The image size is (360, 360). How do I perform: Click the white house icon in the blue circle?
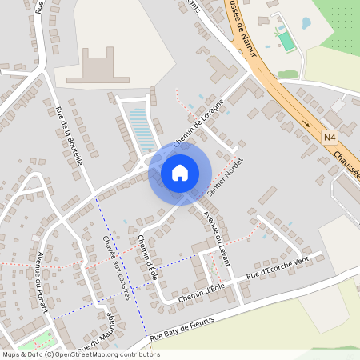pyautogui.click(x=180, y=172)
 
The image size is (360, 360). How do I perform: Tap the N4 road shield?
pyautogui.click(x=330, y=138)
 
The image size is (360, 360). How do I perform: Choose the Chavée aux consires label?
pyautogui.click(x=116, y=266)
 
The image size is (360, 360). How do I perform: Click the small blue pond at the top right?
pyautogui.click(x=306, y=22)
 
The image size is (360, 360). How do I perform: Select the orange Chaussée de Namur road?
pyautogui.click(x=272, y=80)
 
